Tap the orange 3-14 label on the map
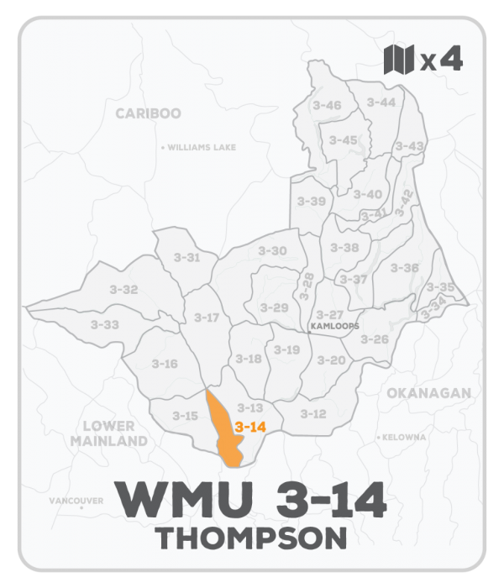point(250,427)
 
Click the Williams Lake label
point(201,147)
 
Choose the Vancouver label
point(77,501)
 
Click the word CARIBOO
point(148,113)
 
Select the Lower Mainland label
point(108,433)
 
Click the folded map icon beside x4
point(399,60)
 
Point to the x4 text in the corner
point(442,60)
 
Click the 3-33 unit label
point(105,324)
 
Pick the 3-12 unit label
point(313,413)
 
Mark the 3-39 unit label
point(312,202)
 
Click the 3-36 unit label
point(405,267)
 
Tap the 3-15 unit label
point(185,416)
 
